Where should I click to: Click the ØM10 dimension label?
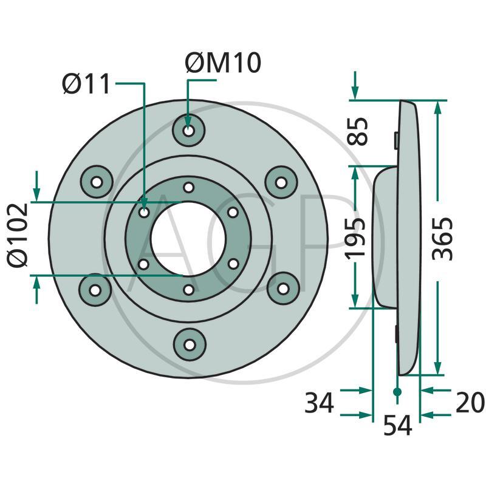(x=223, y=63)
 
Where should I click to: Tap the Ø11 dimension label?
(x=86, y=83)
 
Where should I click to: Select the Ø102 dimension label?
(x=18, y=235)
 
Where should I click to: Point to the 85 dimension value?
(x=357, y=131)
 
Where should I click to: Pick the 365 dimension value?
(x=443, y=238)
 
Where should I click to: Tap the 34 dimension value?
(x=319, y=403)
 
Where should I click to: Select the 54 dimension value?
(x=398, y=426)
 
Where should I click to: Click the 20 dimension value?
(x=470, y=403)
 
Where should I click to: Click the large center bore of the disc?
(x=188, y=238)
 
